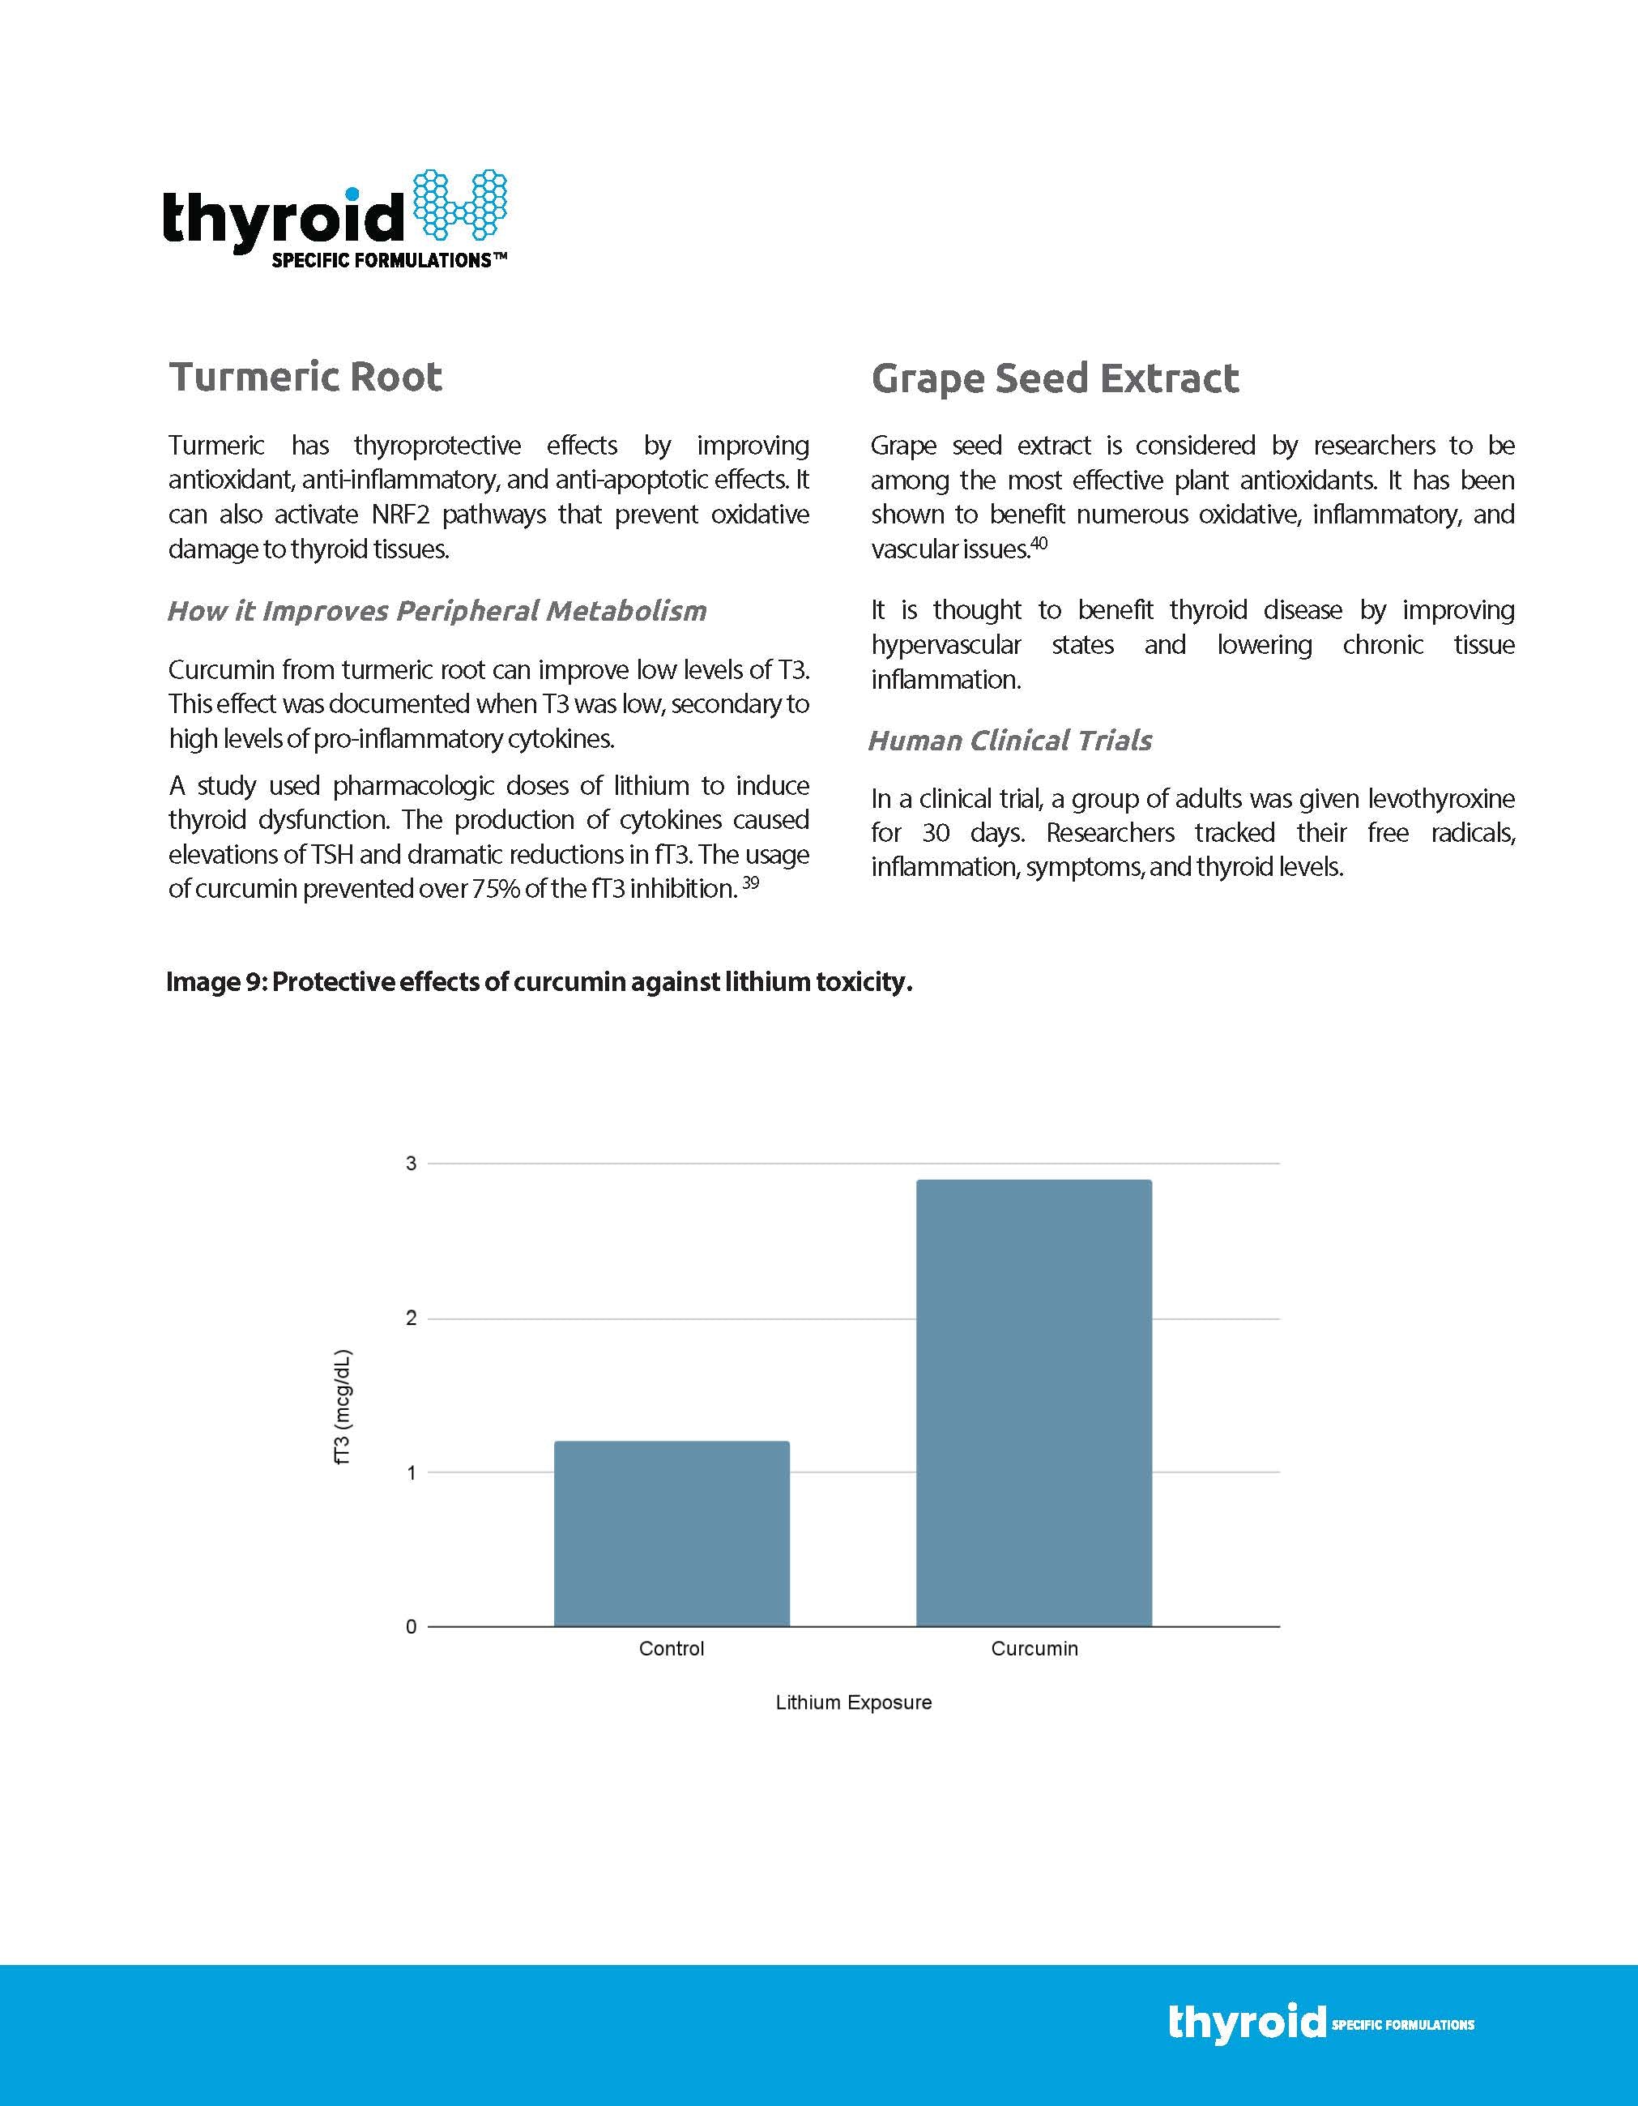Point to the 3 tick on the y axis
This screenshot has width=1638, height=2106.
[x=412, y=1164]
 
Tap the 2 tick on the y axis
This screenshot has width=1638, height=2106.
[x=412, y=1318]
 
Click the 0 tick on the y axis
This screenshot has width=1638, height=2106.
[x=412, y=1627]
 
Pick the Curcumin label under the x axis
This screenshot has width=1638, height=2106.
[x=1034, y=1649]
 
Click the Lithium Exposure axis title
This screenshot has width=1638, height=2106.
[x=853, y=1703]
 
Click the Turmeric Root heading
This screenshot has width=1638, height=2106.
[x=305, y=376]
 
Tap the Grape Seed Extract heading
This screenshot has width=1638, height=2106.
[x=1055, y=378]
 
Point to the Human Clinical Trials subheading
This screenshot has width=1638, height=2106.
[x=1009, y=741]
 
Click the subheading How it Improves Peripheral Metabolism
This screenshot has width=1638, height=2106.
[x=437, y=610]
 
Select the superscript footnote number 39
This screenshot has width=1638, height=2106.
[x=750, y=882]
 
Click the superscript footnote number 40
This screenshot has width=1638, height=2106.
[x=1039, y=543]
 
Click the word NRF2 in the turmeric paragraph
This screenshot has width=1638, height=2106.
[x=400, y=514]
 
